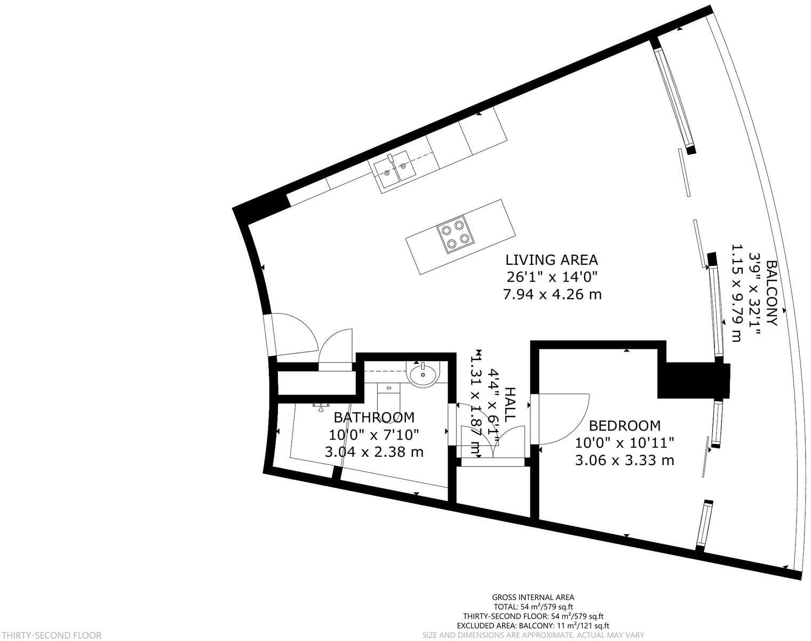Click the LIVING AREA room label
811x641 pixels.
(552, 260)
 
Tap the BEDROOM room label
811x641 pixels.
(624, 426)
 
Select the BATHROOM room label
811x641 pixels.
(373, 417)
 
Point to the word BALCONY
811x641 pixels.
(772, 293)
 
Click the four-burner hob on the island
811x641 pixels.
(455, 236)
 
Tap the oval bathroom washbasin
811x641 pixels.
(423, 373)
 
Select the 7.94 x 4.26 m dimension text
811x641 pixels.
(552, 294)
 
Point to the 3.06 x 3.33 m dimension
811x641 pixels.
(624, 460)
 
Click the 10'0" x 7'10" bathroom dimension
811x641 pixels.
(373, 434)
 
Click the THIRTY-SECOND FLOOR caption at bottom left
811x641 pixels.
(51, 635)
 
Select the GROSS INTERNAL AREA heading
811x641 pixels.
(533, 597)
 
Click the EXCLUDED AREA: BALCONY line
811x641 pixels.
(533, 626)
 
